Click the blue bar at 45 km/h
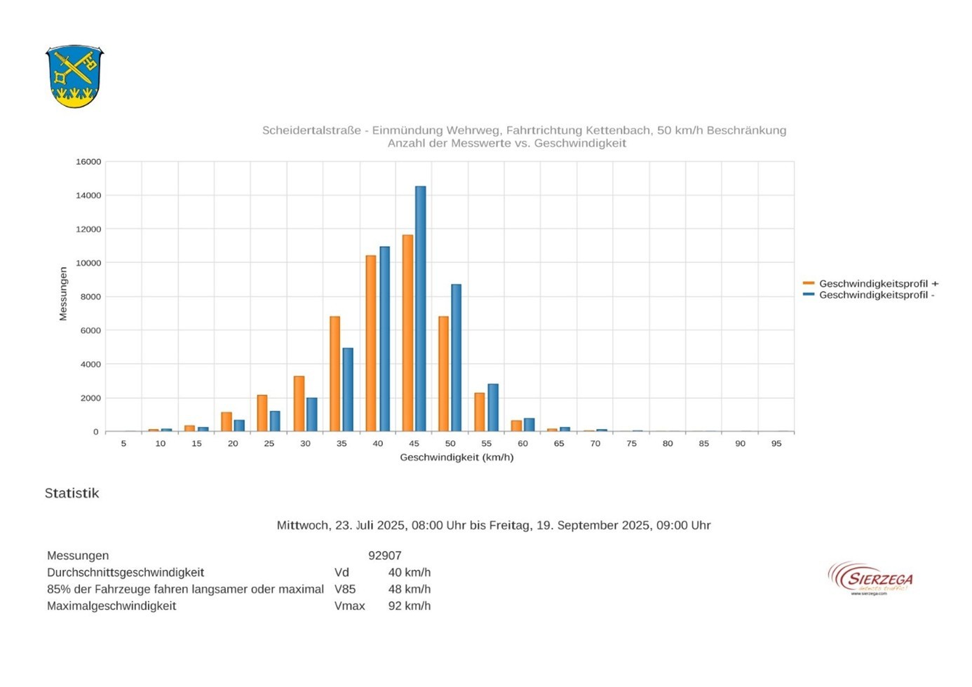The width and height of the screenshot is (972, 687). (420, 308)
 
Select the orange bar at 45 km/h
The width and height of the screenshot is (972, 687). (407, 333)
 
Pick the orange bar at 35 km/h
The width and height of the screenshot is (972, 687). (335, 374)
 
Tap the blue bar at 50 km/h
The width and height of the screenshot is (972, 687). (456, 358)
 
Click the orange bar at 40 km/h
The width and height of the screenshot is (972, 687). (371, 343)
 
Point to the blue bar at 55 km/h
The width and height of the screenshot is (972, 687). (493, 407)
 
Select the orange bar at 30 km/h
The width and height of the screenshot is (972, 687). (299, 404)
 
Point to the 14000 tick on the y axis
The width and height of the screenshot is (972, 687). (89, 196)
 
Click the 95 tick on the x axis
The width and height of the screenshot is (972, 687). (776, 444)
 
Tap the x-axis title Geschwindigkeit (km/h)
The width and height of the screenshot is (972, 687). (457, 458)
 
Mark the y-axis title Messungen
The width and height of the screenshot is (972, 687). (63, 294)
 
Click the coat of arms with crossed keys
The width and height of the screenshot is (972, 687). (74, 76)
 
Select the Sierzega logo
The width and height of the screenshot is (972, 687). (871, 579)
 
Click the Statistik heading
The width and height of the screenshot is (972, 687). (72, 494)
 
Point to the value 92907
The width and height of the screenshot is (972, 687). (385, 556)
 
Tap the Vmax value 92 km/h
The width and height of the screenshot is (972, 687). (410, 606)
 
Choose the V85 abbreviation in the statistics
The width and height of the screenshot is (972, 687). (344, 590)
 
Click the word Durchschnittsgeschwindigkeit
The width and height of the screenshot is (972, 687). (126, 573)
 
